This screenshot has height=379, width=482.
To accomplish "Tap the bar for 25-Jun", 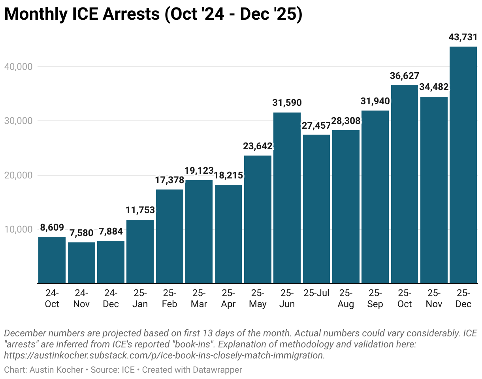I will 287,198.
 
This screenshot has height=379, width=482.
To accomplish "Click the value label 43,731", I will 463,38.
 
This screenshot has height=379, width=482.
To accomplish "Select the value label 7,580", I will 81,233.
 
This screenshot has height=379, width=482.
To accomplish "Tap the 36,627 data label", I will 405,76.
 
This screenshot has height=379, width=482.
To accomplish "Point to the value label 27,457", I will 316,126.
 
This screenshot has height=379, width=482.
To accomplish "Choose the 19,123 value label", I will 199,171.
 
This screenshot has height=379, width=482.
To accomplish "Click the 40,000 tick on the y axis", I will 18,67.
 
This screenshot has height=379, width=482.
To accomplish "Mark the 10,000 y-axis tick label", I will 18,229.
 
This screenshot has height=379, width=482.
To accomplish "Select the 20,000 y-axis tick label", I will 18,175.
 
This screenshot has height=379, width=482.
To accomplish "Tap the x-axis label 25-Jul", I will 316,293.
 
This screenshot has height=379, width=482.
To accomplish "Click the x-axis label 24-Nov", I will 81,298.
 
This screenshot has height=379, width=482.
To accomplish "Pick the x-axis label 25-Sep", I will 375,298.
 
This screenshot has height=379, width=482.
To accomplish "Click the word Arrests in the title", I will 121,15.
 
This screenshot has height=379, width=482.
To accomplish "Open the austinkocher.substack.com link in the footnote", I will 164,355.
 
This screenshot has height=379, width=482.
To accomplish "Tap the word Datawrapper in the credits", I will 217,370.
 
